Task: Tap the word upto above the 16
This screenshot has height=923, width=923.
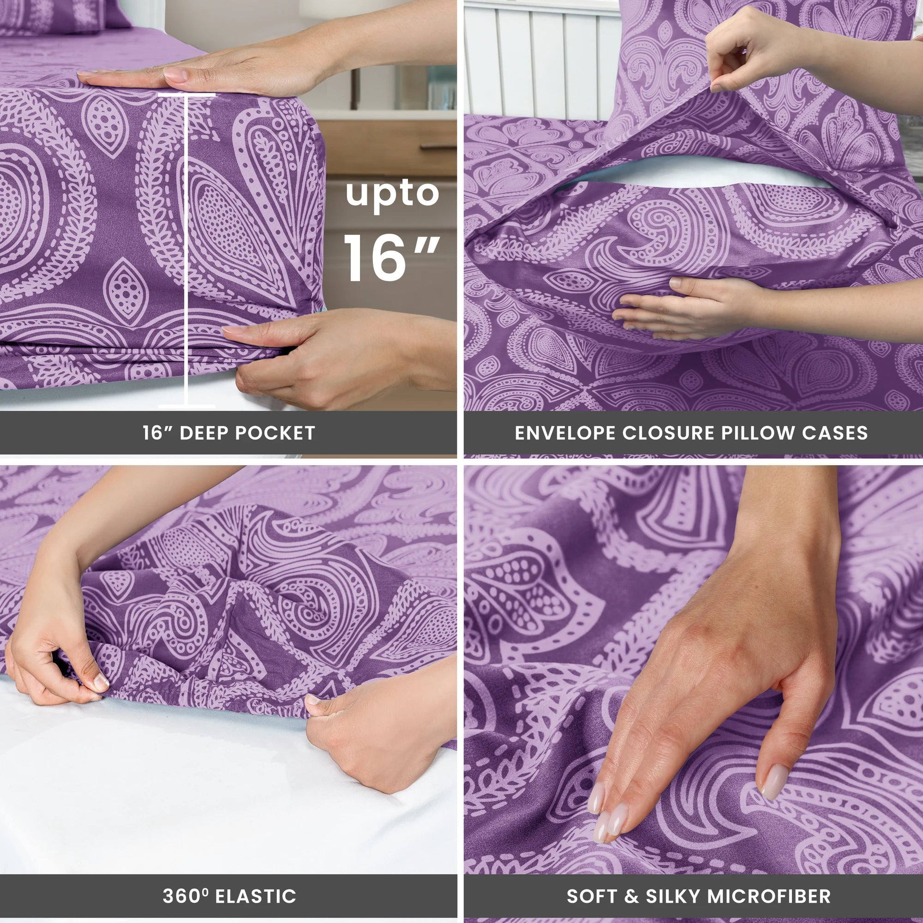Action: [x=392, y=193]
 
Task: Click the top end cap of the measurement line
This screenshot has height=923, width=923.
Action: [x=186, y=95]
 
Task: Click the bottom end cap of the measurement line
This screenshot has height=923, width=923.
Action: [x=186, y=406]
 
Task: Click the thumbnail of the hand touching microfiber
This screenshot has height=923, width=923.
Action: [x=773, y=782]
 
